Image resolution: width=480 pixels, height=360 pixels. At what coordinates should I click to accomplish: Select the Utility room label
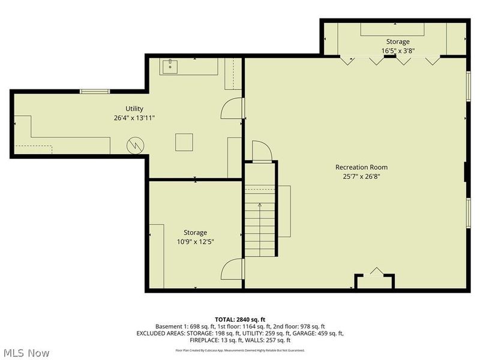point(134,109)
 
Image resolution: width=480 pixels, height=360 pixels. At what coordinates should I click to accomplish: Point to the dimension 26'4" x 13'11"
point(134,118)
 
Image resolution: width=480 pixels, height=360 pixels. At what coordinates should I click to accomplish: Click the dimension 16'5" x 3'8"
point(398,51)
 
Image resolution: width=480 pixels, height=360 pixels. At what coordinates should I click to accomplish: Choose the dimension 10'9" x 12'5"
point(195,242)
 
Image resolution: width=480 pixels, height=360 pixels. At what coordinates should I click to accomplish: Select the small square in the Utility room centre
point(184,142)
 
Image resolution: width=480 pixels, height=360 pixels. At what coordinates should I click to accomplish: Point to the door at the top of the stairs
point(262,151)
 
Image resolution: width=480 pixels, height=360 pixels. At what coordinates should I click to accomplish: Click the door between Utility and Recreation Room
point(233,109)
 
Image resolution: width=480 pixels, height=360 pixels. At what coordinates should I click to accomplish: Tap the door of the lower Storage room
point(232,270)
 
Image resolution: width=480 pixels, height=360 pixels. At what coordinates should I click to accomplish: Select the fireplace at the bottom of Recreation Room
point(375,279)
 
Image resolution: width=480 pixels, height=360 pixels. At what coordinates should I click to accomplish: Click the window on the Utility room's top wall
point(95,91)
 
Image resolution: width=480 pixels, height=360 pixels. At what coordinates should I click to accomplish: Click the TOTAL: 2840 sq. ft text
point(240,319)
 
